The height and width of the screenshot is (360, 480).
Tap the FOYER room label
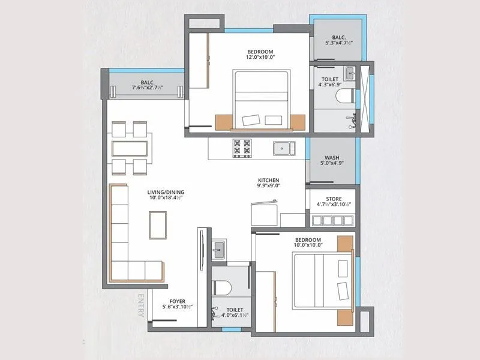click(x=177, y=301)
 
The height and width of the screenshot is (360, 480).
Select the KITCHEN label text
click(x=268, y=179)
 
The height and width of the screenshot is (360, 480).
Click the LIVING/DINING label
click(x=165, y=192)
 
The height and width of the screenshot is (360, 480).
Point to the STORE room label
click(x=334, y=199)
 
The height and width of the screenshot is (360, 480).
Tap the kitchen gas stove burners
click(x=242, y=148)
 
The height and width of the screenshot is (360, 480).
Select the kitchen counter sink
click(x=282, y=148)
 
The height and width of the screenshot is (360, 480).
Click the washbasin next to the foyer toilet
click(x=218, y=249)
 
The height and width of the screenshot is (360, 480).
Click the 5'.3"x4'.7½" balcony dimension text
click(x=339, y=43)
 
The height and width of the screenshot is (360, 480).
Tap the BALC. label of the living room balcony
click(x=148, y=83)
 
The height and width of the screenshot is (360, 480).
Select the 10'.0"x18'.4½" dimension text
click(x=165, y=199)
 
